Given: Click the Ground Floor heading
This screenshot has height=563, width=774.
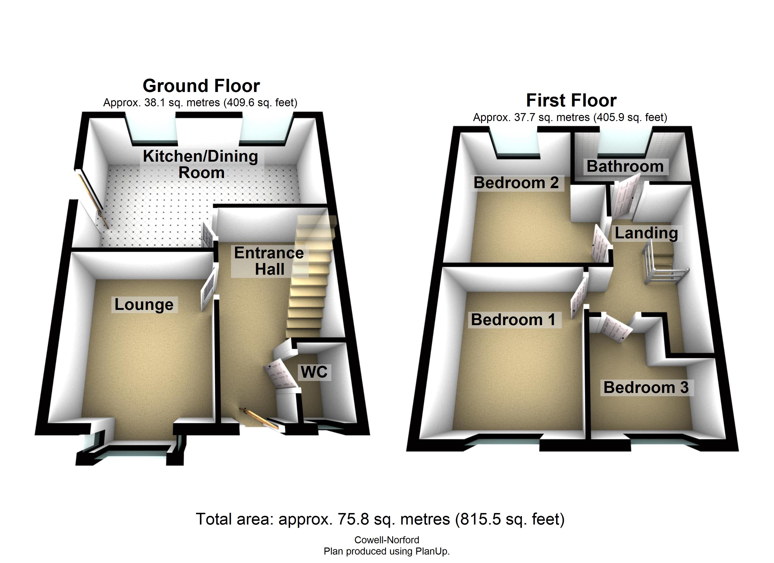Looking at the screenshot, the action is point(201,86).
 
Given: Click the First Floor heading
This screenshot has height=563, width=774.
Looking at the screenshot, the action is point(571,100).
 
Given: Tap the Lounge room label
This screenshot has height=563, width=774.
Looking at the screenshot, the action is point(144,304).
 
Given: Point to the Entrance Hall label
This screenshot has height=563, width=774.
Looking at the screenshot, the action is point(269,261).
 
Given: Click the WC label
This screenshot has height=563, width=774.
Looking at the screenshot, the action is point(314,372).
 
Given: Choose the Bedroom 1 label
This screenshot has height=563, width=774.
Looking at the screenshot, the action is point(513,320).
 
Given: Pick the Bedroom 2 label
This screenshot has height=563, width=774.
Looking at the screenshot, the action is point(516,183).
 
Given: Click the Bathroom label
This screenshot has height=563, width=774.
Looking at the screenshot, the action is point(625,166).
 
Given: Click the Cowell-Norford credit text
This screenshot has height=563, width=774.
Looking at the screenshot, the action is point(387,540).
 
